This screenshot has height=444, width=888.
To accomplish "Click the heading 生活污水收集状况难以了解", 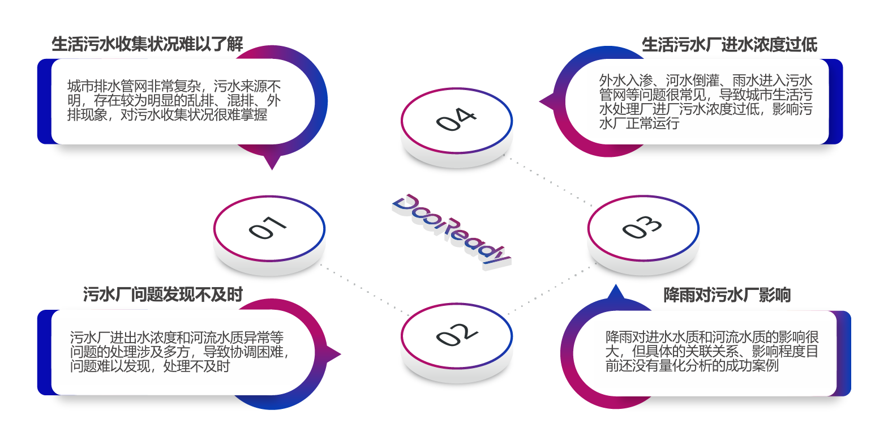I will coord(147,44).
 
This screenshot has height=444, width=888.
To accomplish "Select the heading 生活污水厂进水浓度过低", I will coord(729,44).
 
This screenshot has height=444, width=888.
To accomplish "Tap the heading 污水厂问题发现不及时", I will coord(162,294).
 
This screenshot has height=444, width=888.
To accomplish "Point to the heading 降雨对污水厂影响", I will coord(727,294).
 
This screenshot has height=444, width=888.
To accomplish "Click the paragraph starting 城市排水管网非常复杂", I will coord(174,100).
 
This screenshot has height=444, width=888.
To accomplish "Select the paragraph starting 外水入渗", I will coord(706,102).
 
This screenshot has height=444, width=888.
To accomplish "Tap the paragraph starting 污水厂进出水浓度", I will coord(179,352).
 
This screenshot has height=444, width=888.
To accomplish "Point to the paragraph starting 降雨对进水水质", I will coord(712,351).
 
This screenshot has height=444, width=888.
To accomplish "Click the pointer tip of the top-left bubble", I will coord(272,168).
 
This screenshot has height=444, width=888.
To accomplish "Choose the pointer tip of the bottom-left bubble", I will coord(340,355).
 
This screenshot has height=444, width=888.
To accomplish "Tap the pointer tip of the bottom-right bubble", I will coord(615,287).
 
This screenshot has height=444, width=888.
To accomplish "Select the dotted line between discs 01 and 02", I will coord(365,289).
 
